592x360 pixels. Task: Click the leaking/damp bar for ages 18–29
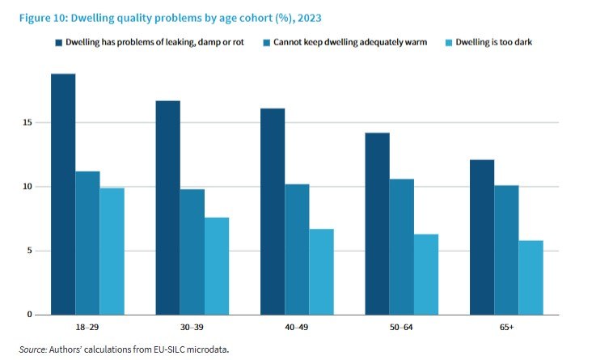[63, 194]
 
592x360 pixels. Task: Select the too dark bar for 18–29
[112, 251]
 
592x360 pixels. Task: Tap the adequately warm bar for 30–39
[192, 252]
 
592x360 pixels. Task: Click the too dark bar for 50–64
[426, 274]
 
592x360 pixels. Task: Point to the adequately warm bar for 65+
[506, 250]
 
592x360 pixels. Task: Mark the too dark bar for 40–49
[321, 272]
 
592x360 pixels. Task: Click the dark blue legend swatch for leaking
[58, 41]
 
